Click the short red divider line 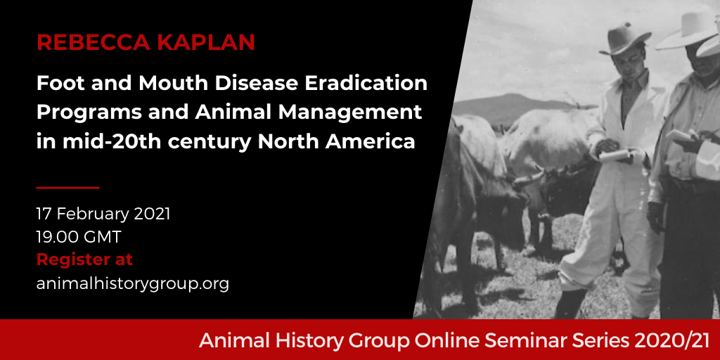tap(68, 187)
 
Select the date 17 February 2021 tap(103, 214)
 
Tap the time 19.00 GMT tap(79, 237)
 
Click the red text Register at tap(84, 259)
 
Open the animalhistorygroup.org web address tap(133, 283)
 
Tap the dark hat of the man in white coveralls tap(624, 38)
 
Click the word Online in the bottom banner tap(447, 340)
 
